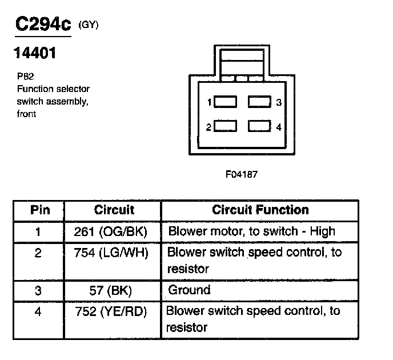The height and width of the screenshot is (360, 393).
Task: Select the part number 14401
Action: pos(35,55)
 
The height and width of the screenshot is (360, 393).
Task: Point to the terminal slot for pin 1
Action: pos(226,102)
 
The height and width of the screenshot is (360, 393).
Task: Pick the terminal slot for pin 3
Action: pos(259,102)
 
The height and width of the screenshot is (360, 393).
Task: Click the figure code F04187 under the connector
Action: pos(242,174)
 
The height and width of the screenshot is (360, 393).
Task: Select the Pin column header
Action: pos(39,210)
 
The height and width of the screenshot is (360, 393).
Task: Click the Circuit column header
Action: pos(114,210)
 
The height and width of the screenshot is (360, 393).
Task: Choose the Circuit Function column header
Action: pos(260,210)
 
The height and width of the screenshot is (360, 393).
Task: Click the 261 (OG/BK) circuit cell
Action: pos(111,232)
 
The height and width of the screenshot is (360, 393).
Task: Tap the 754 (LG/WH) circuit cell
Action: pos(111,253)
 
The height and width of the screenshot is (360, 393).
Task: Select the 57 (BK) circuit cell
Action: pos(111,290)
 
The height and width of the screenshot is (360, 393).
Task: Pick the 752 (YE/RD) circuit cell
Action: pos(111,311)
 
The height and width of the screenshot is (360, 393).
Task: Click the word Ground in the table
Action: pos(189,290)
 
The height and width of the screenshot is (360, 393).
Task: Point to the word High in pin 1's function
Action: pos(322,232)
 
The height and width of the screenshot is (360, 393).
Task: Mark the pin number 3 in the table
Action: pos(38,290)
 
